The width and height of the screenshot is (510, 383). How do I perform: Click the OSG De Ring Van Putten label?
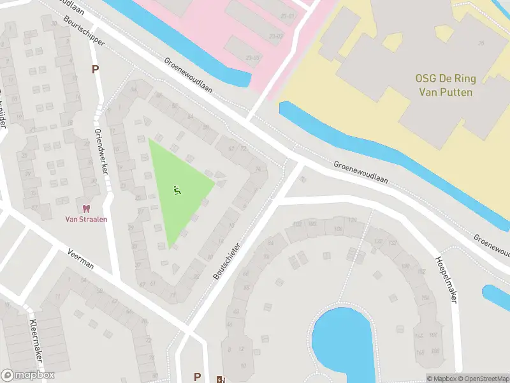pos(445,86)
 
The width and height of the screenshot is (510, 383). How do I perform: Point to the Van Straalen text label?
pos(86,219)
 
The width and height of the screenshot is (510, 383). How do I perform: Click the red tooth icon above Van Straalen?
pos(86,208)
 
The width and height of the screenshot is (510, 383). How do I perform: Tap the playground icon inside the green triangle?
pos(177,189)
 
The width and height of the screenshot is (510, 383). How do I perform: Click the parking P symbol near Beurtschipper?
pos(96,69)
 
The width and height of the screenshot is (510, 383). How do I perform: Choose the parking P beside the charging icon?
pos(198,377)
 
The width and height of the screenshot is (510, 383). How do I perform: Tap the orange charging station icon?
pos(221,379)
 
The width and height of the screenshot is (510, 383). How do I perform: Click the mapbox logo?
pos(28,375)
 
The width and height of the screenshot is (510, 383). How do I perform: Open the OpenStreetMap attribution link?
pos(483,379)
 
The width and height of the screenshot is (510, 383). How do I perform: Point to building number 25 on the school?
pos(481,43)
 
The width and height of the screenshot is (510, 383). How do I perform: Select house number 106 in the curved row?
pos(337,229)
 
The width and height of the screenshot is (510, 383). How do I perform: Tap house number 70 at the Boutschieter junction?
pos(303,180)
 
